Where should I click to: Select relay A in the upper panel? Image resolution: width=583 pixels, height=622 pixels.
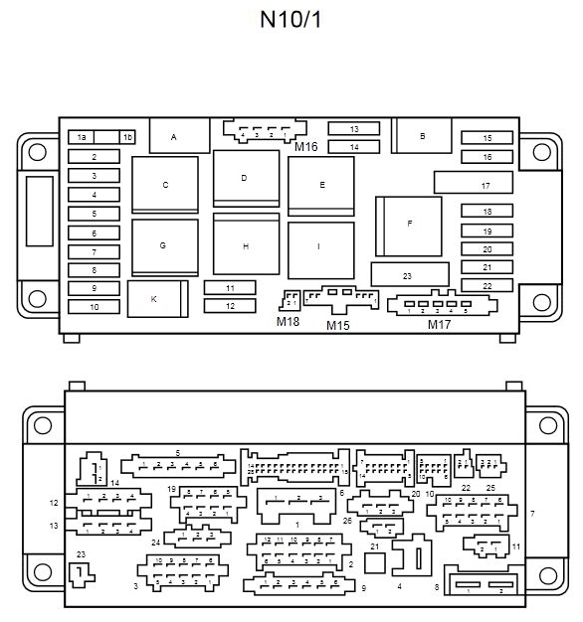174,136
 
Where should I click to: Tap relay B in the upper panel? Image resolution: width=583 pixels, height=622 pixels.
422,135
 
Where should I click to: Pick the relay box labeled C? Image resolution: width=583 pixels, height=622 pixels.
165,185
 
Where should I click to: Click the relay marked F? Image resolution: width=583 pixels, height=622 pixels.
409,224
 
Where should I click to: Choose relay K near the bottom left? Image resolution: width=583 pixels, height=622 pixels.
155,298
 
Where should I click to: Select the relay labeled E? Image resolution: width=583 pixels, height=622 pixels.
321,185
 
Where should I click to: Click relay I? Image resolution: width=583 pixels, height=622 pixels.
320,246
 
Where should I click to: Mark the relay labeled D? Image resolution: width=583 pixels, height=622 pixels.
245,179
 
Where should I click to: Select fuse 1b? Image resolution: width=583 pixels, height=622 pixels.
126,137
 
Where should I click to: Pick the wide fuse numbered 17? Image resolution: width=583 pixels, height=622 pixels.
486,186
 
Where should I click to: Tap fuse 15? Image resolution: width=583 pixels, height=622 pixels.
487,138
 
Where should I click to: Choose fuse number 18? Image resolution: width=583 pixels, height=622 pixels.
487,212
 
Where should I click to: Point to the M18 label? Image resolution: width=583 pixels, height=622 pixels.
287,320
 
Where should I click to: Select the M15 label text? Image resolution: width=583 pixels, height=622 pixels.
339,324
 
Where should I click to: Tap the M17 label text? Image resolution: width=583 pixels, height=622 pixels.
438,324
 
